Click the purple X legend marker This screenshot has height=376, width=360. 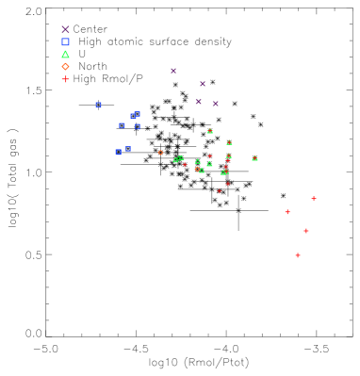click(x=65, y=29)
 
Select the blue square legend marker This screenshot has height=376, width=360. click(x=65, y=41)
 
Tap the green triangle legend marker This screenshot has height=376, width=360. click(x=65, y=54)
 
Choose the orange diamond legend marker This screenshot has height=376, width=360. click(x=65, y=67)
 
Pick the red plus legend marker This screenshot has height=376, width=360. click(x=65, y=79)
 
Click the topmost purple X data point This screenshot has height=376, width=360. click(x=173, y=71)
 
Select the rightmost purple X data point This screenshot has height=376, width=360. click(x=216, y=104)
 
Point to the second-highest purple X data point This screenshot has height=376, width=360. click(x=203, y=84)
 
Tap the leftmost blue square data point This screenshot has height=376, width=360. click(x=98, y=105)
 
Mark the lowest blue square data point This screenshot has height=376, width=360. click(x=119, y=152)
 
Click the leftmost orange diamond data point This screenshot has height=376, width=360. click(x=160, y=153)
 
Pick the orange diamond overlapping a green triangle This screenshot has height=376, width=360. click(x=196, y=169)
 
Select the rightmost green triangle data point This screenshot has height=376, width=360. click(x=254, y=158)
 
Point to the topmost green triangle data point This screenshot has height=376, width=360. click(x=209, y=131)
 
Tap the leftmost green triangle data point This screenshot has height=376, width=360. click(x=175, y=160)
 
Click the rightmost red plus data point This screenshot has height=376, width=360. click(x=314, y=199)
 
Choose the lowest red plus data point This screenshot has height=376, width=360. click(x=298, y=255)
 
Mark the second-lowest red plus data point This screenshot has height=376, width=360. click(x=305, y=231)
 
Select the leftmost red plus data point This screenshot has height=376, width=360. click(x=185, y=165)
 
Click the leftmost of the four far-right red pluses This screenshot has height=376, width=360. click(x=287, y=212)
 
